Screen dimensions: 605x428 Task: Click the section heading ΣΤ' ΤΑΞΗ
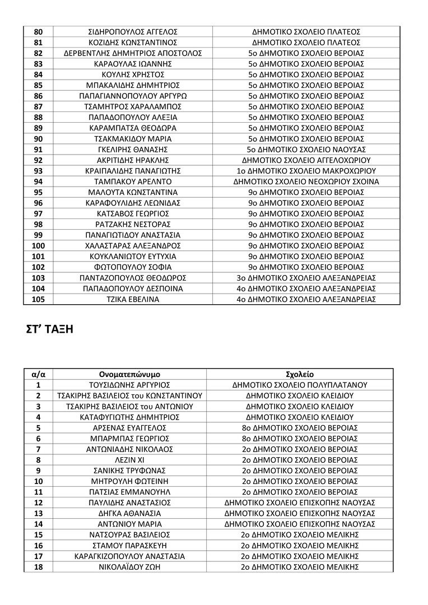50,330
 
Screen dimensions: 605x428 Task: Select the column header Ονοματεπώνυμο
129,374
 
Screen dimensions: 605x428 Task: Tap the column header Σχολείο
300,374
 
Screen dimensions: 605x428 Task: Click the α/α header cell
38,374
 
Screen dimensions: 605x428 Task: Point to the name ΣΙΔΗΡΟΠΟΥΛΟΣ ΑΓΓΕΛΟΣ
133,32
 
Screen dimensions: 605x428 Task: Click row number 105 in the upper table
38,299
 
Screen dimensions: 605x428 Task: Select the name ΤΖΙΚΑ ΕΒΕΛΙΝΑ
133,299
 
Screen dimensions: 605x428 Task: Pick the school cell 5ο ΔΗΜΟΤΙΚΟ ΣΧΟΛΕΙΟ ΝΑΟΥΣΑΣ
306,150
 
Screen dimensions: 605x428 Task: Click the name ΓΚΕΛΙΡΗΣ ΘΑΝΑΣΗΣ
133,150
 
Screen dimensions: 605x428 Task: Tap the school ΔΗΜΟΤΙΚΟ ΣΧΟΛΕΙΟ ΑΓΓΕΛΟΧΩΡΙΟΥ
306,160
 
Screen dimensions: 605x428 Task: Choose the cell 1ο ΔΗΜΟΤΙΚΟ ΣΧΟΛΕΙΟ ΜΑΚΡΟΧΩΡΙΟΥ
306,171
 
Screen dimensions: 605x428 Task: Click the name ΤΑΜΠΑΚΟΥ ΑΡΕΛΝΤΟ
133,182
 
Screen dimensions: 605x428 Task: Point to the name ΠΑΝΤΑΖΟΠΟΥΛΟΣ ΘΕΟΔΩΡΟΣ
133,278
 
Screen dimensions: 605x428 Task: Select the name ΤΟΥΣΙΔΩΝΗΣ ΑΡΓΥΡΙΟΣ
129,385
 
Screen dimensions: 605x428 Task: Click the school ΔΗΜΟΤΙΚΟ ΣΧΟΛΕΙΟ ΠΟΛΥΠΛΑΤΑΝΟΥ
300,385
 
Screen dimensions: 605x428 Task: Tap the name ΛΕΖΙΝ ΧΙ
129,460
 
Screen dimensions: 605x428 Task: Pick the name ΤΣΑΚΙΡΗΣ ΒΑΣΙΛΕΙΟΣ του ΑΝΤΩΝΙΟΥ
129,406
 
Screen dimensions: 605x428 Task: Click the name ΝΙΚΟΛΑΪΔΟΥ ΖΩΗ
129,567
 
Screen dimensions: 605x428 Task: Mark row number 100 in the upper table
38,246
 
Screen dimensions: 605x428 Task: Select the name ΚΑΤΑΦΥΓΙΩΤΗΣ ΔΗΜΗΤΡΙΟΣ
129,417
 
